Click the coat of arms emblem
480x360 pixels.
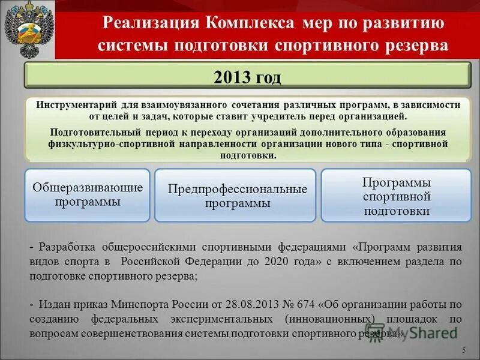coord(27,29)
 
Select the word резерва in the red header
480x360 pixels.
coord(415,46)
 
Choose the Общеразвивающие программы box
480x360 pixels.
coord(86,195)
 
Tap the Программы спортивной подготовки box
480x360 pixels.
coord(396,196)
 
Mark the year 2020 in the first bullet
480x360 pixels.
coord(299,262)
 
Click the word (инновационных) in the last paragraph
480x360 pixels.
coord(328,319)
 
